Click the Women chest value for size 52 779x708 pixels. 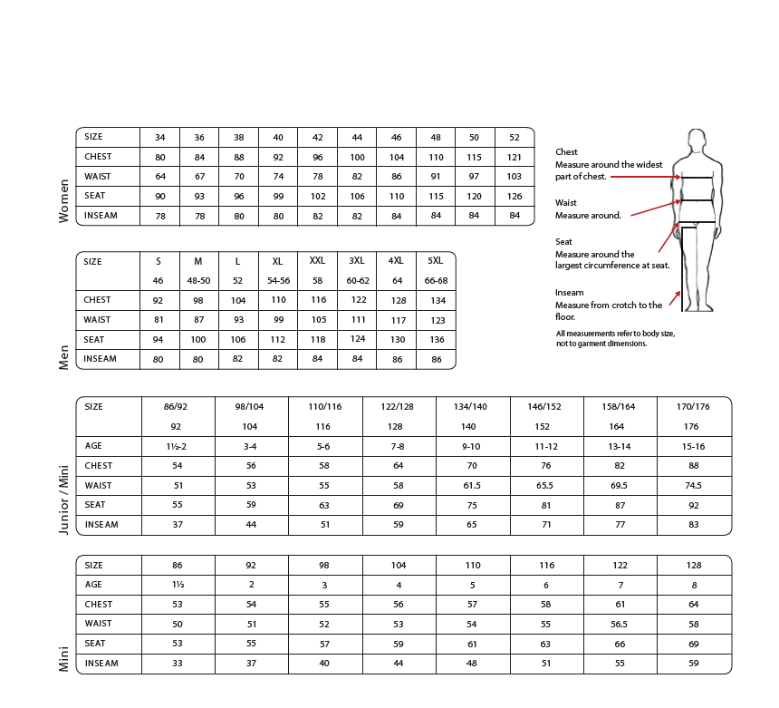coord(515,157)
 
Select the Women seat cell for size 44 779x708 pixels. coord(357,196)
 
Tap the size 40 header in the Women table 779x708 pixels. coord(278,138)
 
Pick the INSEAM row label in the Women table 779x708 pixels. coord(101,216)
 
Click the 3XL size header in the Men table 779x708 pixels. coord(357,261)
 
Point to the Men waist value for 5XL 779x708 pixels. coord(436,320)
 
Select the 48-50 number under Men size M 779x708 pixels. coord(198,281)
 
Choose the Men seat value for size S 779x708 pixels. coord(159,340)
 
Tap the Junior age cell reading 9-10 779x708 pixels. coord(472,446)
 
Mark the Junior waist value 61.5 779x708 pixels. coord(472,486)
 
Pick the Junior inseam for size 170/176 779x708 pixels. coord(694,525)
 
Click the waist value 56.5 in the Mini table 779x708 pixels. coord(620,624)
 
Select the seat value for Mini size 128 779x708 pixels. coord(694,644)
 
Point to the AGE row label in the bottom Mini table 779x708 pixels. coord(94,585)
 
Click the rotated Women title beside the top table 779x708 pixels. coord(64,201)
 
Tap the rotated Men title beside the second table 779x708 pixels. coord(64,356)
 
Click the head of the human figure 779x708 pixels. coord(696,141)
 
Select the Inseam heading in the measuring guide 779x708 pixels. coord(569,293)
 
